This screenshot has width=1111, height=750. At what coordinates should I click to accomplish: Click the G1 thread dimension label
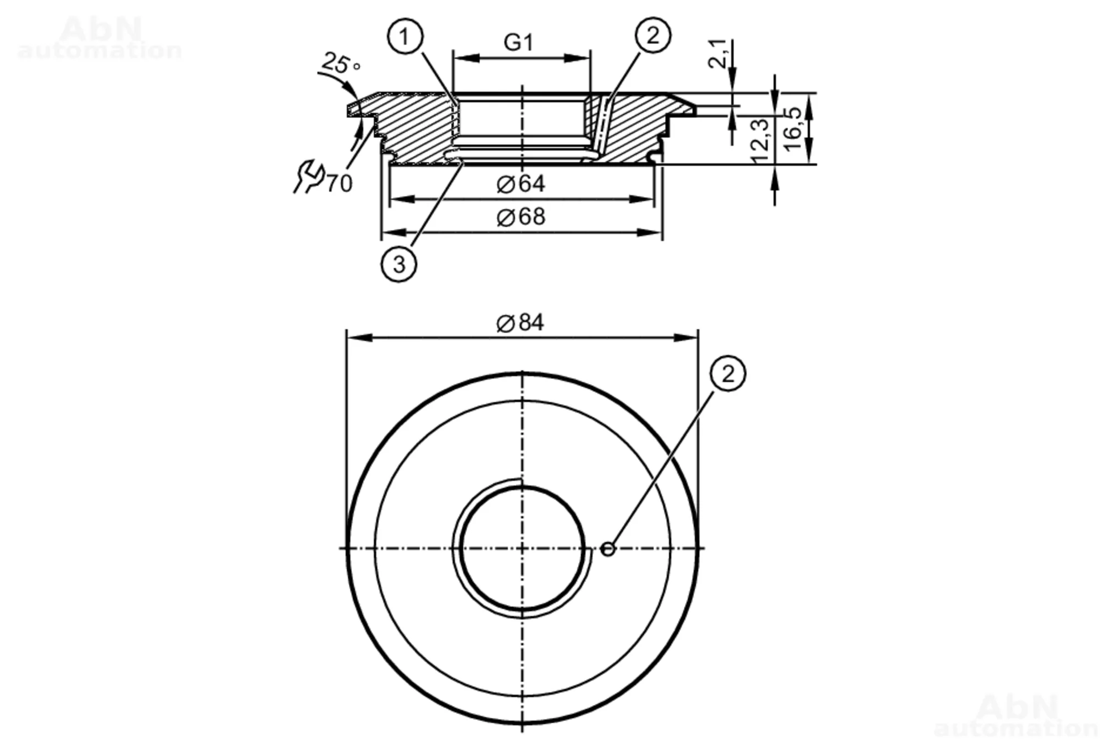click(518, 42)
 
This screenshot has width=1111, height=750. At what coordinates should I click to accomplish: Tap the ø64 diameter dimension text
click(521, 184)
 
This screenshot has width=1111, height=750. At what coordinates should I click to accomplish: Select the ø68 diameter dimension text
click(521, 216)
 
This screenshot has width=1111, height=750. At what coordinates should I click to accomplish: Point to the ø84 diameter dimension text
click(521, 322)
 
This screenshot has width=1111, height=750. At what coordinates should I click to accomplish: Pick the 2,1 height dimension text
click(718, 53)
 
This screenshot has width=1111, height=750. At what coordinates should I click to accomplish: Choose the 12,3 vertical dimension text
click(760, 141)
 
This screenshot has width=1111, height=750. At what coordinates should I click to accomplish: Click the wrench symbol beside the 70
click(308, 176)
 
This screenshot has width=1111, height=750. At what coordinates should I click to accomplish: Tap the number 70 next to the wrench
click(339, 183)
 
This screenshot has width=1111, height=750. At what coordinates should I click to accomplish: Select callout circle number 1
click(405, 37)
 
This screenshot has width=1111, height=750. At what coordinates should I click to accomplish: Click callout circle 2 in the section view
click(653, 36)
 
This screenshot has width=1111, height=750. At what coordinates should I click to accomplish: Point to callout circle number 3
click(399, 264)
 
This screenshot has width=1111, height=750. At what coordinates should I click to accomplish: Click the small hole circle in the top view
click(608, 549)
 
